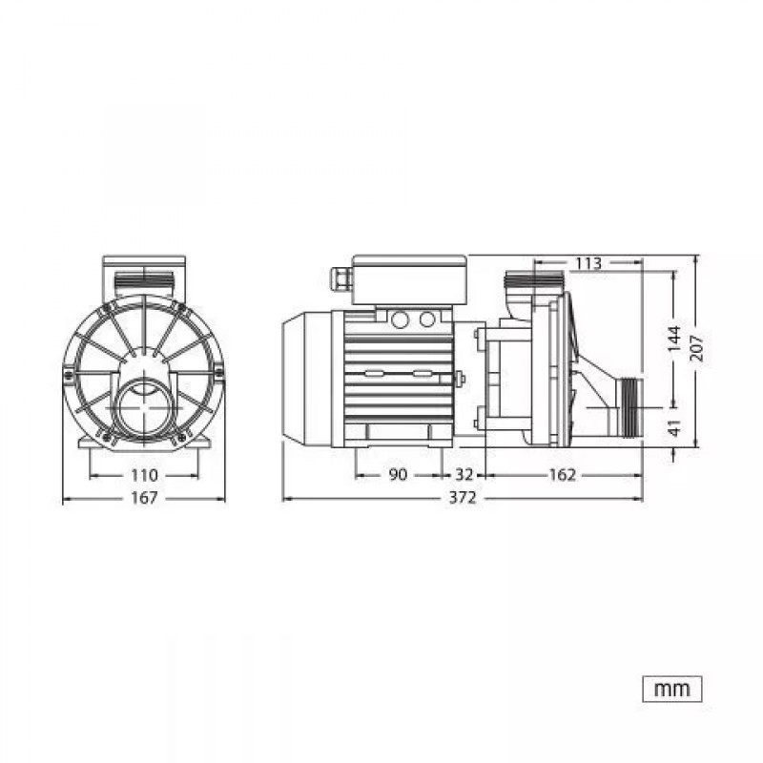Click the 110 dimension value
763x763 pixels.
[145, 475]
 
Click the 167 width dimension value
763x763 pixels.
[145, 498]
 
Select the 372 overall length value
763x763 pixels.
[463, 498]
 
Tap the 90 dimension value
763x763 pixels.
[398, 475]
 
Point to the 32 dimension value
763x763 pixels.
[464, 475]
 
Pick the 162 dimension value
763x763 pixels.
[562, 475]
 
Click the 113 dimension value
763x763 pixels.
[588, 263]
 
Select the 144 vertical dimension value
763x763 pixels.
[674, 340]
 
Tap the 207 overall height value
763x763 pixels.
[697, 347]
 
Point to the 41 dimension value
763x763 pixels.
[674, 427]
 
